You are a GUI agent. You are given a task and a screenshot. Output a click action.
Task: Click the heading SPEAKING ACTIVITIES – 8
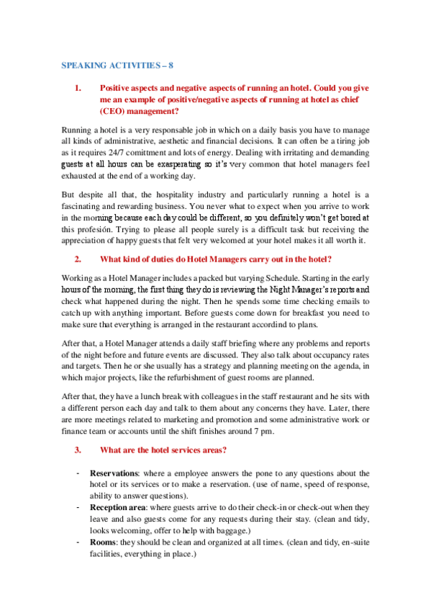(x=117, y=65)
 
